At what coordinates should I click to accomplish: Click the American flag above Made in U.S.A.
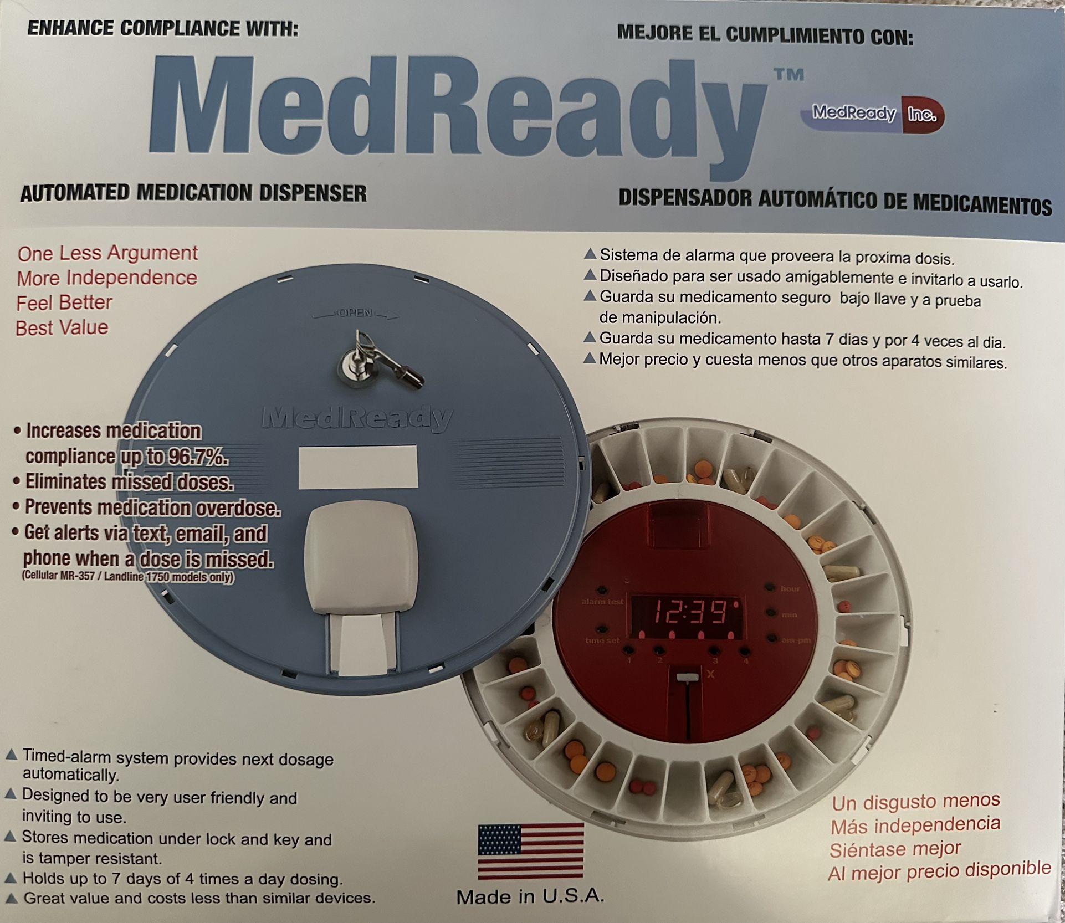[x=530, y=851]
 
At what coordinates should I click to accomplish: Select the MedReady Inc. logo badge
[x=872, y=114]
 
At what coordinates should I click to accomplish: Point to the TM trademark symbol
[x=789, y=75]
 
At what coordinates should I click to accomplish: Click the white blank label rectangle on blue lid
[x=358, y=466]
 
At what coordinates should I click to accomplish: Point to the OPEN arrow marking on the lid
[x=355, y=314]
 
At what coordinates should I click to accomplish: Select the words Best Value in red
[x=62, y=327]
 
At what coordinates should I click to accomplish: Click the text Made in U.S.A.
[x=530, y=897]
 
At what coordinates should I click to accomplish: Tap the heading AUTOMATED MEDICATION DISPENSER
[x=193, y=193]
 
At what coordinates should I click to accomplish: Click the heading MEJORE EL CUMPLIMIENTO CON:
[x=765, y=35]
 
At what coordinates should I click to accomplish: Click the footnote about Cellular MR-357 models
[x=128, y=576]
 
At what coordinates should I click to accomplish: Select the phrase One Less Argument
[x=107, y=253]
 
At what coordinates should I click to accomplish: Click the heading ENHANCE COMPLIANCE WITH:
[x=162, y=28]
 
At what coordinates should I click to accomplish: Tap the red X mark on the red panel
[x=711, y=674]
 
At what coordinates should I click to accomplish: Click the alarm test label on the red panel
[x=602, y=601]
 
